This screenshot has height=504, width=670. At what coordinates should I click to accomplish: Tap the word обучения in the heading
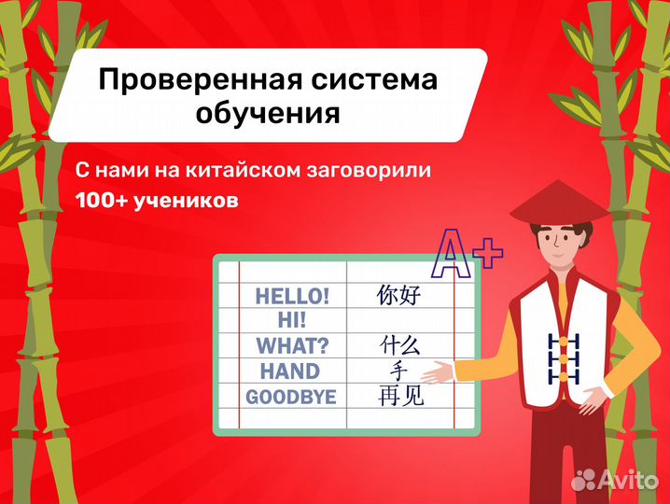click(267, 115)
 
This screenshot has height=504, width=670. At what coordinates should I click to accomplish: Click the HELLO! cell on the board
click(292, 297)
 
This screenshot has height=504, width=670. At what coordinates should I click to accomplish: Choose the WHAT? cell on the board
click(292, 346)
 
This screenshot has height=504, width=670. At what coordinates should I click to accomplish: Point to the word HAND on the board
click(289, 371)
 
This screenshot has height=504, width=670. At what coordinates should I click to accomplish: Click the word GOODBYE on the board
click(290, 397)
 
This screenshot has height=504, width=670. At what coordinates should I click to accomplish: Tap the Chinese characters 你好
click(399, 297)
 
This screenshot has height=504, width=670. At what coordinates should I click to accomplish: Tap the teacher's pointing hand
click(440, 373)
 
